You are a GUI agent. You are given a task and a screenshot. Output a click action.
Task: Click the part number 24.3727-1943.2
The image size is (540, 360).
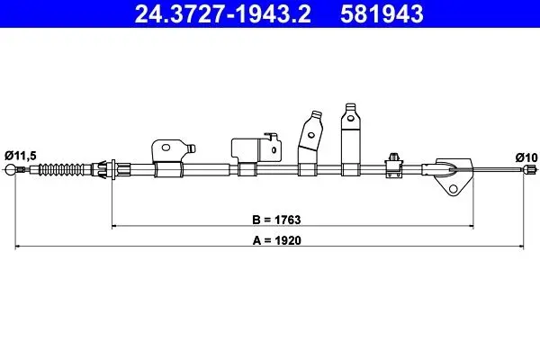click(x=223, y=13)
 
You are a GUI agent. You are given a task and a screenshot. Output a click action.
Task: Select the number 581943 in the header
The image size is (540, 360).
click(x=382, y=13)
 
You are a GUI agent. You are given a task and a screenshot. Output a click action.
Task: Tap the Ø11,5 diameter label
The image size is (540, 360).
click(x=21, y=156)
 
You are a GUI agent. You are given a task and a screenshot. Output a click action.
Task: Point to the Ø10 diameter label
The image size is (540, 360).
click(x=526, y=157)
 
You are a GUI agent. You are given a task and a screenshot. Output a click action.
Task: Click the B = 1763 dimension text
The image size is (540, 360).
click(x=276, y=220)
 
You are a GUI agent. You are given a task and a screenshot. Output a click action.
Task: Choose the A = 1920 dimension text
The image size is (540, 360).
click(x=276, y=240)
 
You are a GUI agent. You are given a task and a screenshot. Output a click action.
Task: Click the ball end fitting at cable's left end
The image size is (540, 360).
click(x=10, y=169)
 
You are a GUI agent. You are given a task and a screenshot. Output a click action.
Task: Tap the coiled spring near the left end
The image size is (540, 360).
click(x=61, y=169)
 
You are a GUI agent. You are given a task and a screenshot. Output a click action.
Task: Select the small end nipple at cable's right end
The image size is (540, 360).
click(x=530, y=169)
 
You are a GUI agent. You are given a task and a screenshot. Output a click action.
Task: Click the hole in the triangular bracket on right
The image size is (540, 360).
click(x=454, y=189)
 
